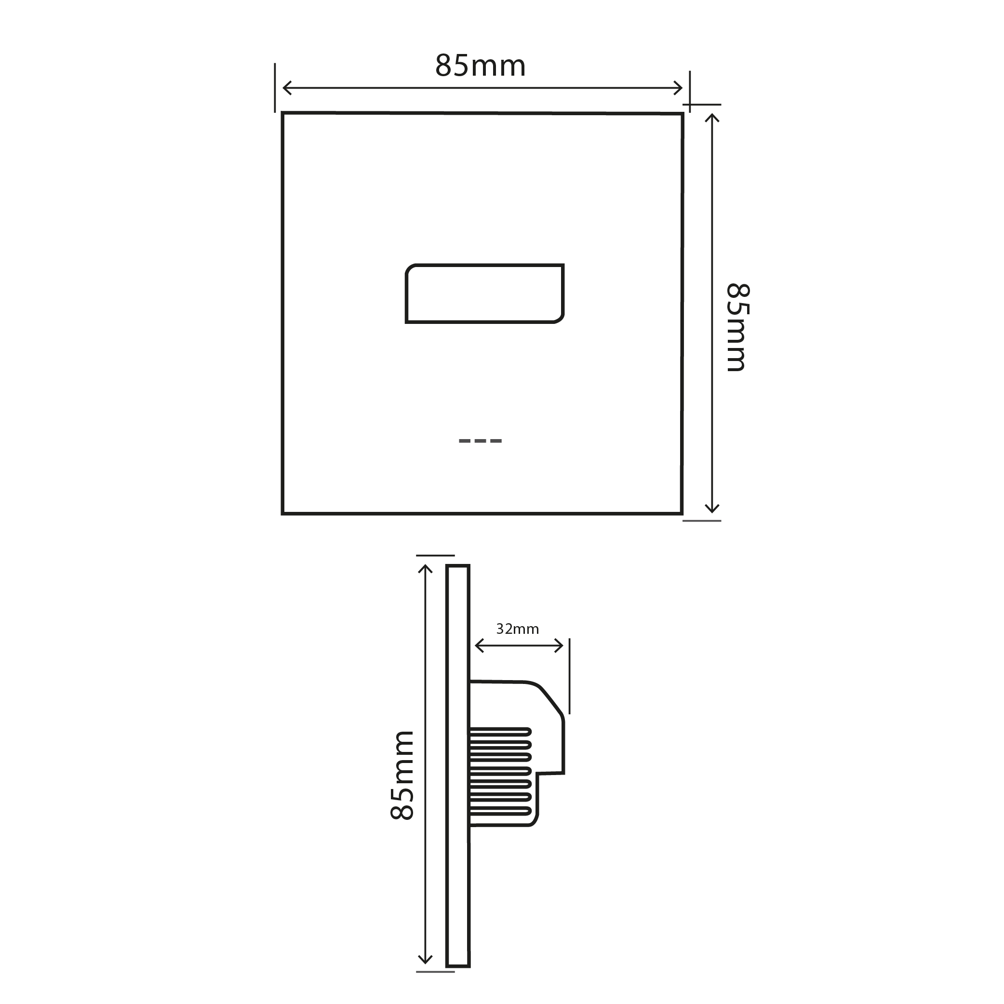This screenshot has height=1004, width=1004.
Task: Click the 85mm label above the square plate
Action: click(x=480, y=66)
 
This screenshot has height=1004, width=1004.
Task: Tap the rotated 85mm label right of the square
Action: click(x=737, y=327)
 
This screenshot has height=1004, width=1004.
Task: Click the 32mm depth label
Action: click(x=517, y=629)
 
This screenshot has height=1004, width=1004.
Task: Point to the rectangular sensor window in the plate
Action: click(x=484, y=294)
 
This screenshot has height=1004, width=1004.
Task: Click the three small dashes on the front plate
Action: click(x=480, y=441)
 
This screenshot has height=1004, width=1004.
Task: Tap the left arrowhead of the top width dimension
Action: click(x=285, y=88)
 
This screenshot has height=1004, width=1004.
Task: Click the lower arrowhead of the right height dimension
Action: click(x=712, y=510)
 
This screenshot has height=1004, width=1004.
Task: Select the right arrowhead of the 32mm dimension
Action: click(x=561, y=646)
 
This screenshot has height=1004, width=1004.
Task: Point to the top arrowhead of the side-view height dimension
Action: click(x=425, y=567)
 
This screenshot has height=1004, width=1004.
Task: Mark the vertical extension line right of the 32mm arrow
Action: click(x=570, y=676)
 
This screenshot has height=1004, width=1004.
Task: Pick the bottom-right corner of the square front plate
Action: click(x=682, y=513)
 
